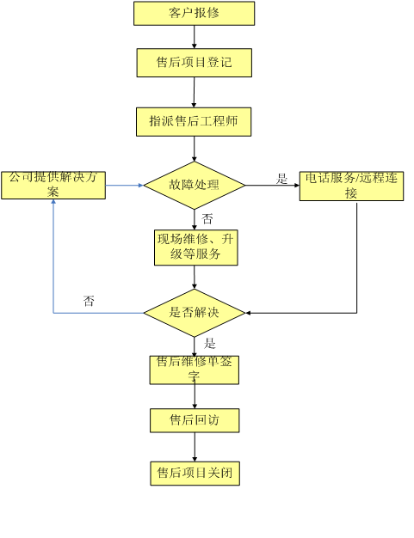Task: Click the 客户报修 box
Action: coord(195,14)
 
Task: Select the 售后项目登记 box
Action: coord(195,63)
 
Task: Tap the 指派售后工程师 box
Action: coord(194,122)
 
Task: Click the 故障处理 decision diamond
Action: coord(195,186)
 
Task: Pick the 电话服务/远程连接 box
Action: coord(351,186)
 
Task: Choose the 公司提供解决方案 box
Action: coord(53,186)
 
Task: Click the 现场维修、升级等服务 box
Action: coord(196,248)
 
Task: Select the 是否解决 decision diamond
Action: coord(195,313)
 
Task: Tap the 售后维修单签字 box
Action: coord(195,370)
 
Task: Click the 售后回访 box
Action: coord(195,420)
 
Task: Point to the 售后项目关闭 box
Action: coord(195,474)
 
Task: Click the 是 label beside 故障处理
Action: coord(281,179)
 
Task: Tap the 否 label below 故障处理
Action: coord(207,218)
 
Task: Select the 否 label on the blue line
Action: coord(89,301)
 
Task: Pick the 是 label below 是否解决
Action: coord(209,343)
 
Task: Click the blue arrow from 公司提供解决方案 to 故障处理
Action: coord(124,186)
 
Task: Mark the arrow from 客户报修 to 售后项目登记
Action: coord(195,37)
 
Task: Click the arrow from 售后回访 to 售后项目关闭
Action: coord(195,447)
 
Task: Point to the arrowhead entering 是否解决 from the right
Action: coord(248,313)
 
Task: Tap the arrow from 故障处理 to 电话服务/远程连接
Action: coord(273,186)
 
